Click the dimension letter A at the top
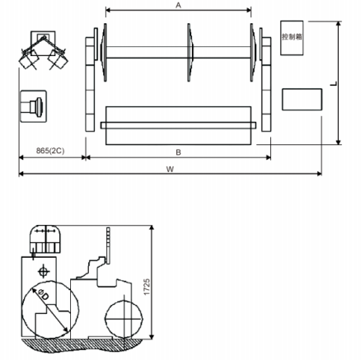(x=179, y=5)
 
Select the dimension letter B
(x=178, y=152)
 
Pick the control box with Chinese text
(x=292, y=38)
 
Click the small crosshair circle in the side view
(x=43, y=269)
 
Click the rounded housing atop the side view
(x=45, y=241)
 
